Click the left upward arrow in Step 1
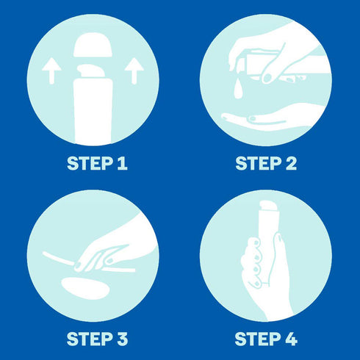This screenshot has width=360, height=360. click(51, 71)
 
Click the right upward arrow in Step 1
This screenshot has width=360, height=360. click(134, 71)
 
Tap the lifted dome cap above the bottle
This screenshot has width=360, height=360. click(93, 45)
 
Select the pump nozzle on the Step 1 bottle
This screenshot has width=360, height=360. click(90, 71)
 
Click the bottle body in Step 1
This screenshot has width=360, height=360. click(93, 112)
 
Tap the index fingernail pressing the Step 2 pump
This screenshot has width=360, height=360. click(267, 78)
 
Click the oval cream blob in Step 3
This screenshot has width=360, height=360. click(85, 288)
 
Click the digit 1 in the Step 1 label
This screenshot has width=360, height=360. click(122, 163)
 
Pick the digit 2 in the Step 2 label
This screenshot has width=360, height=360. click(291, 163)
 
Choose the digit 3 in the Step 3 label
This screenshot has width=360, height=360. click(122, 339)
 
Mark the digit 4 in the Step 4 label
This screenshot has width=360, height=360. click(291, 339)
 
